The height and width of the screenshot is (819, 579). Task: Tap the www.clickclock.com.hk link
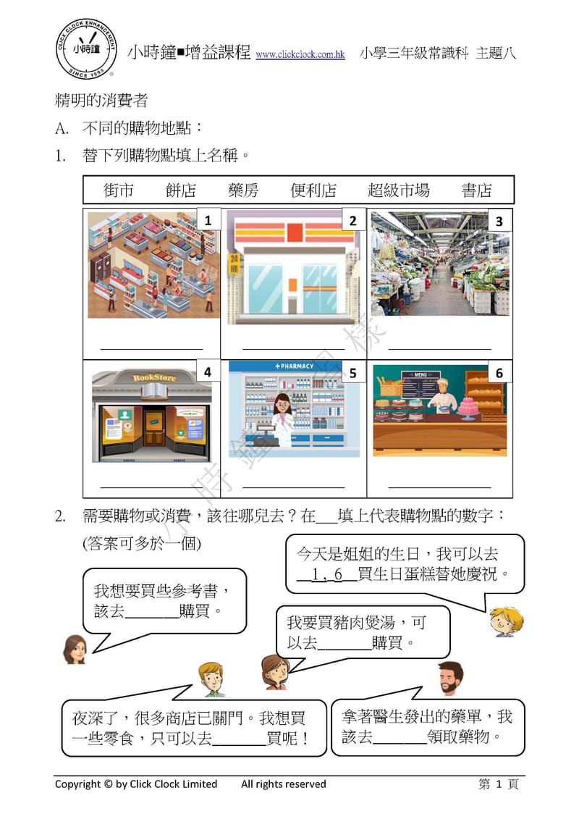pyautogui.click(x=300, y=55)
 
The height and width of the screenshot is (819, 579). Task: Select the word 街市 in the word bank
pyautogui.click(x=119, y=190)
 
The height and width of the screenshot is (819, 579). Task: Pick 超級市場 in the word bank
pyautogui.click(x=398, y=190)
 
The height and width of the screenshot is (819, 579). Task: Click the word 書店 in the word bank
pyautogui.click(x=476, y=190)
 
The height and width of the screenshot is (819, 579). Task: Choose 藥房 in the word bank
pyautogui.click(x=243, y=190)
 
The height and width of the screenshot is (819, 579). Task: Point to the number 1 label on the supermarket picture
pyautogui.click(x=208, y=221)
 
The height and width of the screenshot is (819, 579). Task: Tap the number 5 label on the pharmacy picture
pyautogui.click(x=352, y=373)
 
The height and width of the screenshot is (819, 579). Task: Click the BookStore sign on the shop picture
pyautogui.click(x=153, y=377)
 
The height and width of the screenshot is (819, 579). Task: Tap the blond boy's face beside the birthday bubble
pyautogui.click(x=502, y=620)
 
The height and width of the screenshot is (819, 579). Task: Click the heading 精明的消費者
pyautogui.click(x=101, y=100)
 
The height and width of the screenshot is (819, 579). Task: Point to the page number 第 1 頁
pyautogui.click(x=499, y=784)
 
